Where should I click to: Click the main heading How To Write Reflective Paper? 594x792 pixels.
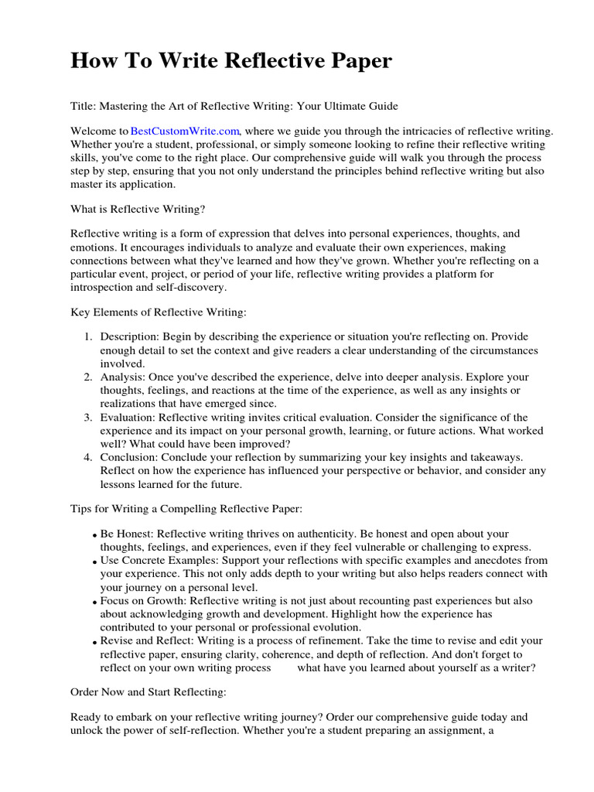pyautogui.click(x=231, y=61)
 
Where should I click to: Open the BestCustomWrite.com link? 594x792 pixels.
pyautogui.click(x=186, y=132)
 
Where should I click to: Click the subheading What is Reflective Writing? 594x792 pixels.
pyautogui.click(x=138, y=210)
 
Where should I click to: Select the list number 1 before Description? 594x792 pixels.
pyautogui.click(x=87, y=336)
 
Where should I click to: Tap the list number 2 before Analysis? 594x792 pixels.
pyautogui.click(x=87, y=377)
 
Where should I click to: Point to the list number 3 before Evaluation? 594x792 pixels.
pyautogui.click(x=87, y=417)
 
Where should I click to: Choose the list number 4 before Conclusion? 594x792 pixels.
pyautogui.click(x=87, y=457)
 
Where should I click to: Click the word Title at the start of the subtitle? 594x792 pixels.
pyautogui.click(x=82, y=105)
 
